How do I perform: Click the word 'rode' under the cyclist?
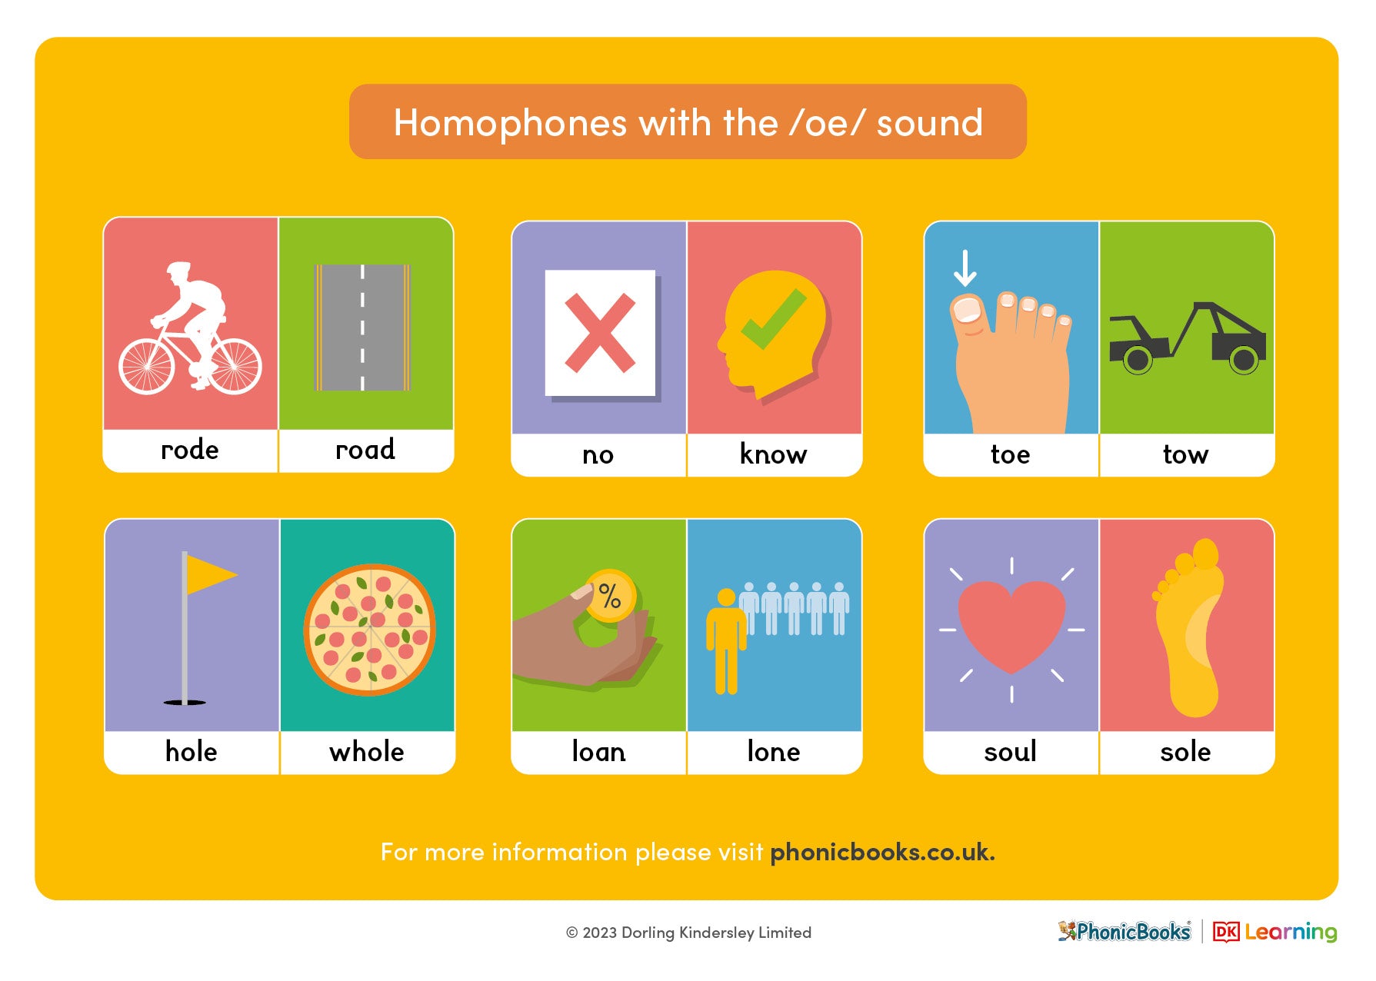pyautogui.click(x=189, y=450)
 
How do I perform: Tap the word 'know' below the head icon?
pyautogui.click(x=773, y=454)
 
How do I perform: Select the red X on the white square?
pyautogui.click(x=600, y=333)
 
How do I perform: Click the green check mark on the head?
pyautogui.click(x=773, y=319)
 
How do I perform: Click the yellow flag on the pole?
pyautogui.click(x=210, y=574)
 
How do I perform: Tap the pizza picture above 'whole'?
pyautogui.click(x=369, y=630)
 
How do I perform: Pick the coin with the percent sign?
pyautogui.click(x=610, y=595)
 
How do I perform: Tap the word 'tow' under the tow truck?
pyautogui.click(x=1185, y=454)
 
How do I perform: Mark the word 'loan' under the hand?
pyautogui.click(x=598, y=751)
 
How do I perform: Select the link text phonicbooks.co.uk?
pyautogui.click(x=881, y=852)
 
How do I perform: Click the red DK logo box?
pyautogui.click(x=1225, y=932)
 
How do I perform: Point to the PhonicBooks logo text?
pyautogui.click(x=1132, y=932)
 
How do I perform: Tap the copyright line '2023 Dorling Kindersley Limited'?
pyautogui.click(x=696, y=933)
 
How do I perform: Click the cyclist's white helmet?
pyautogui.click(x=178, y=270)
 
